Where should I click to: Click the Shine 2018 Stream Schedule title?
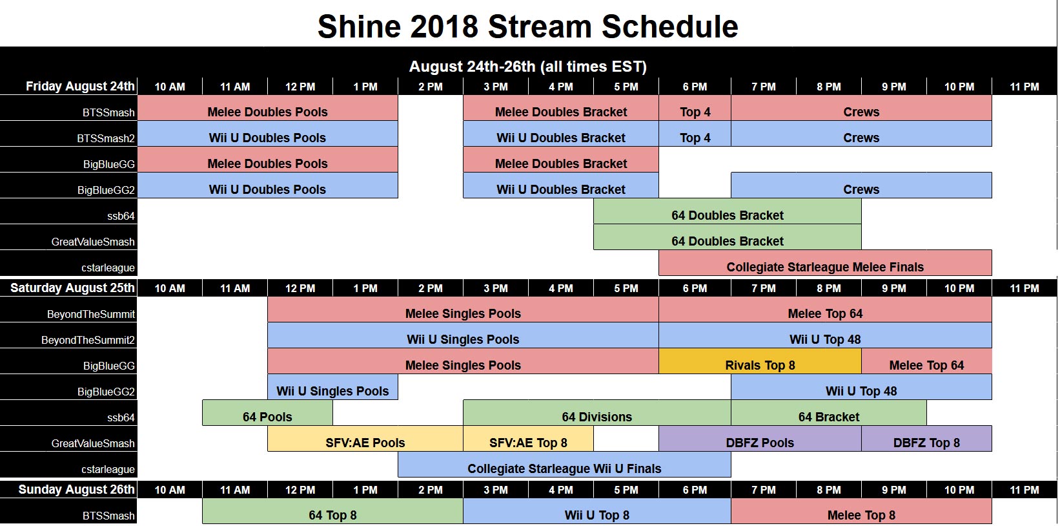click(x=527, y=27)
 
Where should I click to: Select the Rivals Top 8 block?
click(x=760, y=364)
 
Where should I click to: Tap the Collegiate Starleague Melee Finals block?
click(x=824, y=266)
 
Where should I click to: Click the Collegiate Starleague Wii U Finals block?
click(x=564, y=468)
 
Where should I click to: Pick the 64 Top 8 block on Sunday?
click(x=332, y=514)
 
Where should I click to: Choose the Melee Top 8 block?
click(x=861, y=514)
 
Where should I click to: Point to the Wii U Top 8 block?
click(x=596, y=514)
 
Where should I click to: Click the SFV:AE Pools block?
click(x=365, y=442)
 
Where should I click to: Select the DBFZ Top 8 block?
click(x=926, y=442)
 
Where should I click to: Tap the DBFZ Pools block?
click(x=759, y=442)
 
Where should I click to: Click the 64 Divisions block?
click(x=596, y=416)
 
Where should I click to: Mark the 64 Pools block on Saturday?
click(x=267, y=416)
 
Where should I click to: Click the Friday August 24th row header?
click(x=80, y=86)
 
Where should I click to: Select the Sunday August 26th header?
click(x=76, y=489)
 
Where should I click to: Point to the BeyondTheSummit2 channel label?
click(x=88, y=340)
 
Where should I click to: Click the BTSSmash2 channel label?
click(x=106, y=138)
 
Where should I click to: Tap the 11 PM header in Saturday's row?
click(x=1024, y=288)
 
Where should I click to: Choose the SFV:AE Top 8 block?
click(x=528, y=442)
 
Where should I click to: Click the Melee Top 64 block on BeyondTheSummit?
click(x=824, y=313)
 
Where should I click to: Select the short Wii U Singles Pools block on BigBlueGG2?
click(x=332, y=390)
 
